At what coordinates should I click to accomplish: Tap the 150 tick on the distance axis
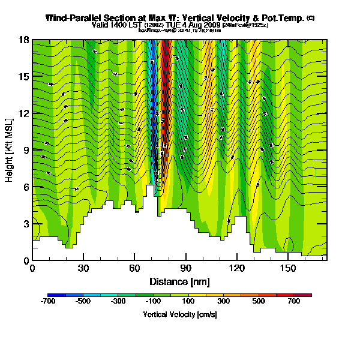coord(289,260)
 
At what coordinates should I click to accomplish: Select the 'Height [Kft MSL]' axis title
coord(10,151)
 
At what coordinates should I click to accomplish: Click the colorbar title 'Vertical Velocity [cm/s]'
coord(180,314)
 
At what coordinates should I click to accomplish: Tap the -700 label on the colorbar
coord(48,302)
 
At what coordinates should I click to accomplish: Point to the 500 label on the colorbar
coord(259,302)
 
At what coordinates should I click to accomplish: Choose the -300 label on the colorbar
coord(118,302)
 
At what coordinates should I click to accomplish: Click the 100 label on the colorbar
coord(188,302)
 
